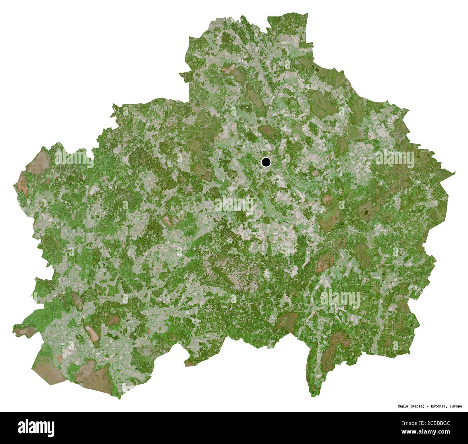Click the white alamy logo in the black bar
(x=36, y=427)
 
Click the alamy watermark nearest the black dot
(x=234, y=205)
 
